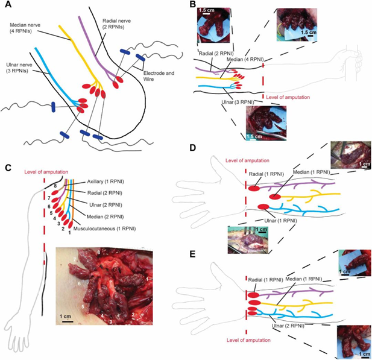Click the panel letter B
192,5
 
